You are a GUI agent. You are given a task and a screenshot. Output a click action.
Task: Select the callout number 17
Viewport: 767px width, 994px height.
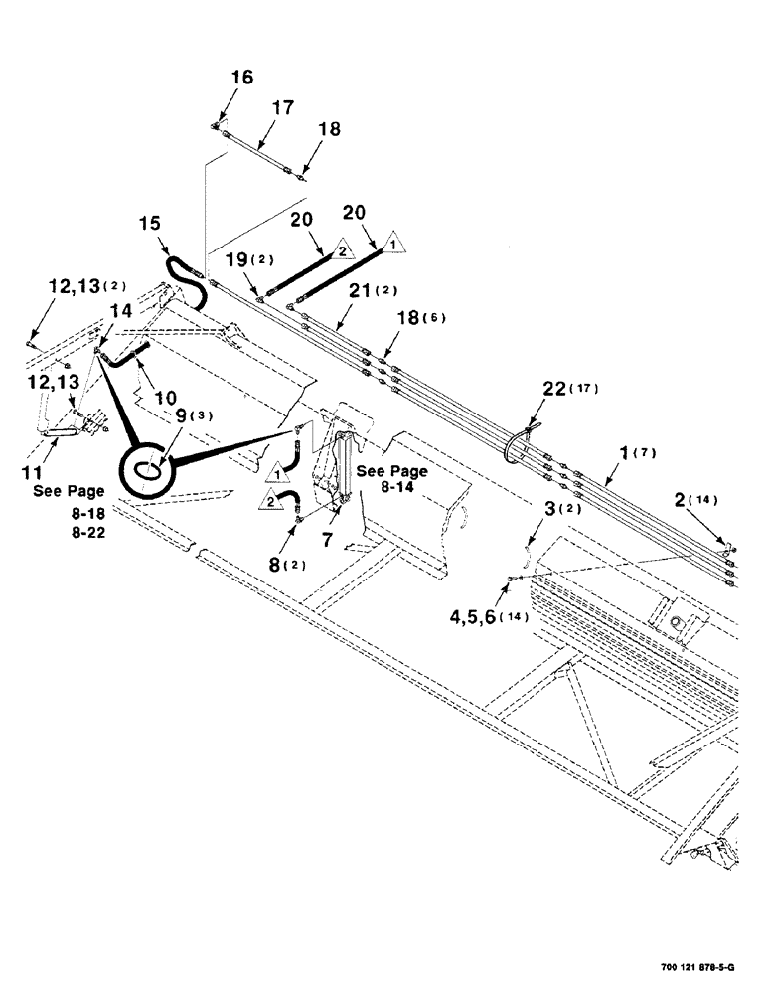282,107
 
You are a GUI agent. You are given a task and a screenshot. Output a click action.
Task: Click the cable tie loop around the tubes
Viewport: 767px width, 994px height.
516,444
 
